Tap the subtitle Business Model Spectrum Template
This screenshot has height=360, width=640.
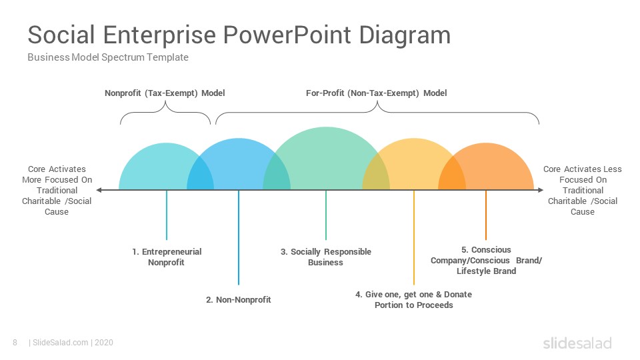tap(108, 57)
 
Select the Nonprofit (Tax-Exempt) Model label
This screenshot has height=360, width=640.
tap(165, 93)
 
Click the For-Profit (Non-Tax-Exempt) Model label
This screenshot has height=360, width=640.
tap(376, 93)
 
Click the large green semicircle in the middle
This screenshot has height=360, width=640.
tap(326, 159)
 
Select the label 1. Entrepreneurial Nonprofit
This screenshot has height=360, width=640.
tap(167, 257)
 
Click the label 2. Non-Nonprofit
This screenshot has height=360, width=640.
tap(239, 300)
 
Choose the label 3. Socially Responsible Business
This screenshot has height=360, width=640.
tap(326, 257)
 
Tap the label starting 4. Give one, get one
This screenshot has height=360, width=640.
tap(413, 299)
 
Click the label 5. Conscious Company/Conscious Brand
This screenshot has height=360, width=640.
tap(486, 261)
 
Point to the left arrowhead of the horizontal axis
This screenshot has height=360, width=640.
tap(99, 190)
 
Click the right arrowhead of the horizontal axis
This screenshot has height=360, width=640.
tap(541, 190)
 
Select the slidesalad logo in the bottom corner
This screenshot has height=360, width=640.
tap(577, 343)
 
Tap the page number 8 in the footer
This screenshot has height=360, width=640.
tap(15, 343)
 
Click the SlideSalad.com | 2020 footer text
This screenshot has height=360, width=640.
tap(71, 343)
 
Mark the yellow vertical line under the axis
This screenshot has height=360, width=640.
tap(414, 237)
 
